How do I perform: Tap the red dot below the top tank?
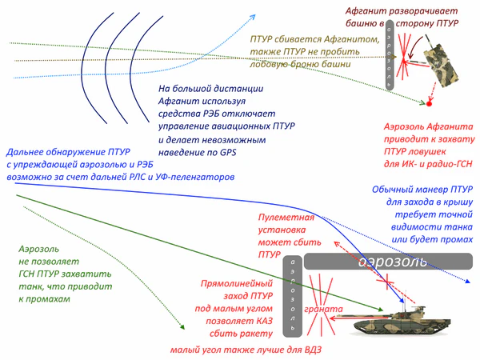pyautogui.click(x=430, y=104)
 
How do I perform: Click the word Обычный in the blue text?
pyautogui.click(x=393, y=190)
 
